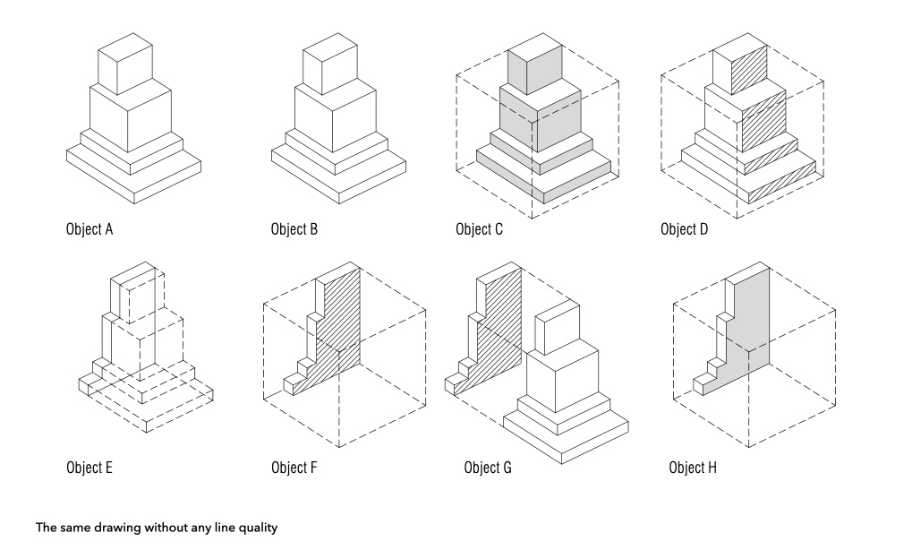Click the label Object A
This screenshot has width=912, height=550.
click(89, 229)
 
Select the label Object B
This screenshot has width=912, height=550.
click(294, 229)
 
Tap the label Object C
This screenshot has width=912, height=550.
click(479, 229)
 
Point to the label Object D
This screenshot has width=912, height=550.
click(684, 229)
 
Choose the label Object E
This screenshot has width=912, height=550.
click(89, 468)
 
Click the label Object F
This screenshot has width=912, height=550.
click(294, 468)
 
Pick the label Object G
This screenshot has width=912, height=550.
click(488, 468)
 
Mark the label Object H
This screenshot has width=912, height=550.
click(693, 468)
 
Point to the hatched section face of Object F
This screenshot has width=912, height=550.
click(345, 322)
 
